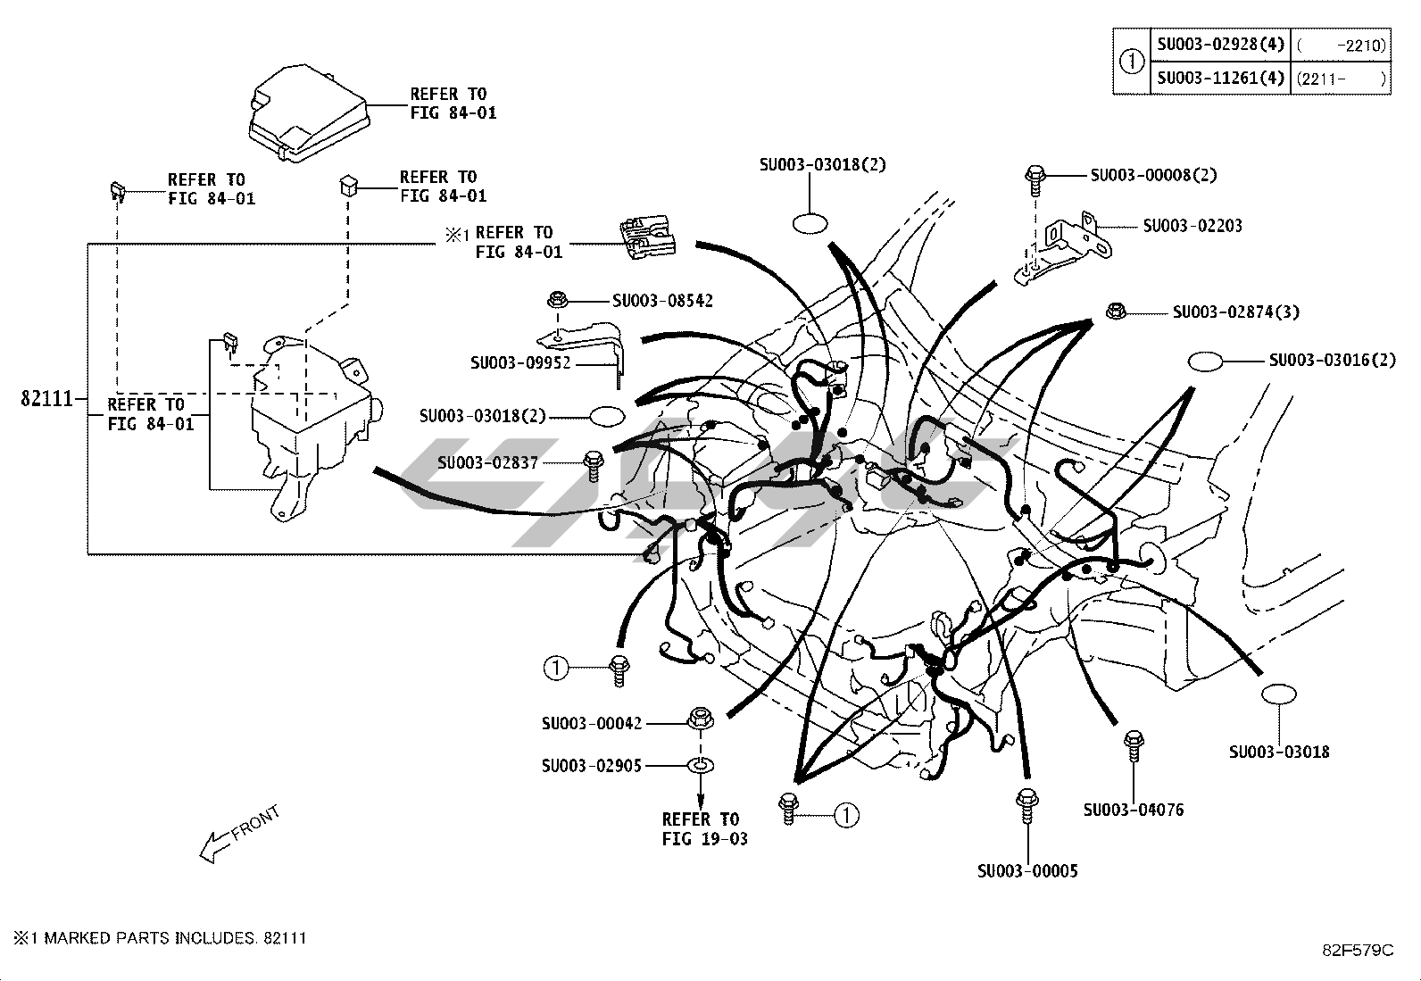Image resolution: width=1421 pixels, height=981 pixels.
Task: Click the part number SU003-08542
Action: pos(662,301)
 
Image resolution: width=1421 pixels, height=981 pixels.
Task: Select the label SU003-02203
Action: pos(1192,226)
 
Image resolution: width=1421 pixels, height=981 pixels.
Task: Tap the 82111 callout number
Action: pos(46,398)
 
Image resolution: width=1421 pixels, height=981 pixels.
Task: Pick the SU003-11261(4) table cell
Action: pos(1220,78)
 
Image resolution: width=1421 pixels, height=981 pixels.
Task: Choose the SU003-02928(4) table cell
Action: pos(1220,44)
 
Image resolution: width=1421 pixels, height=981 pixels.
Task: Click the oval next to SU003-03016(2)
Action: pos(1205,361)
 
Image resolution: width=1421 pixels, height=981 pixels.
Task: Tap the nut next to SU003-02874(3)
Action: pos(1114,312)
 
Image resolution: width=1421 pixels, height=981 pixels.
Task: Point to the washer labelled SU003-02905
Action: pos(701,765)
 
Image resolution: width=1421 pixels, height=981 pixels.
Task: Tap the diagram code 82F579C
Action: pos(1358,950)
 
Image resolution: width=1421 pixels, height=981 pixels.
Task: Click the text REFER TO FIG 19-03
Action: pos(704,828)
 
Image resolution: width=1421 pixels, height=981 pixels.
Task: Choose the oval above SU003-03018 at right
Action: pos(1278,695)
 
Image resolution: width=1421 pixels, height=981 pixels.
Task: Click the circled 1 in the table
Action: pos(1131,61)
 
